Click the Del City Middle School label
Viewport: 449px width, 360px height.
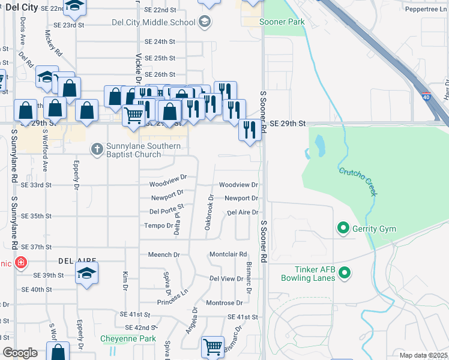click(154, 22)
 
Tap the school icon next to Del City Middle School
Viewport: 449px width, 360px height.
click(204, 22)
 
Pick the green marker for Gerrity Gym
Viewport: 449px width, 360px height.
click(343, 228)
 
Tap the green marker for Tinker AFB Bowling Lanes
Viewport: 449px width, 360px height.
click(344, 274)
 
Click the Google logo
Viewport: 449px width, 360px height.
click(20, 353)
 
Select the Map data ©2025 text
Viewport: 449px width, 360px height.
click(423, 355)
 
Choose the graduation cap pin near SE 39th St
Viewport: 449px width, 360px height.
click(87, 273)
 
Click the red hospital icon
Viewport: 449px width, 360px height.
click(21, 263)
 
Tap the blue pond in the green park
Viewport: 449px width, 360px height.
click(318, 144)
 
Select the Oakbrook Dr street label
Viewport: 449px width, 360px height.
click(209, 212)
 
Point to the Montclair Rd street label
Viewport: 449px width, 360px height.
click(228, 254)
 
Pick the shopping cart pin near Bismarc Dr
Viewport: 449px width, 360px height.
click(212, 346)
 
